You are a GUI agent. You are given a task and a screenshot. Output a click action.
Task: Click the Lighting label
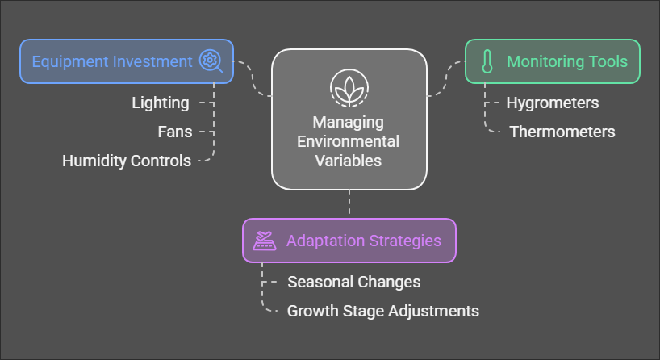click(x=161, y=103)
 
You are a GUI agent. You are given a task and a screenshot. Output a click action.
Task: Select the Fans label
click(x=175, y=132)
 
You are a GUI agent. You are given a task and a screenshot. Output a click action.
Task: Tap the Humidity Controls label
click(x=127, y=161)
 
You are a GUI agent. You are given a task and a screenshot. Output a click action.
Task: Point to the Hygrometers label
click(x=552, y=103)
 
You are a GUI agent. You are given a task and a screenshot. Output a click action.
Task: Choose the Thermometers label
click(x=562, y=132)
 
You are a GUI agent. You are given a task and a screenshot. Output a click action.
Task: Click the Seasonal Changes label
click(x=354, y=282)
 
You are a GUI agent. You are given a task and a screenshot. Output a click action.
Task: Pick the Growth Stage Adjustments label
click(x=383, y=311)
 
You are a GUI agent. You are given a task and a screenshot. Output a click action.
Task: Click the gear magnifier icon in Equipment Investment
click(x=211, y=61)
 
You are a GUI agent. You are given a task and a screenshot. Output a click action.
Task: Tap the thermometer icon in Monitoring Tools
click(x=487, y=61)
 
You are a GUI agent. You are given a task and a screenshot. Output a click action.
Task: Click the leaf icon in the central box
click(x=349, y=86)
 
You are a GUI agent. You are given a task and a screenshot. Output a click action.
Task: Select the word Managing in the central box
click(x=349, y=123)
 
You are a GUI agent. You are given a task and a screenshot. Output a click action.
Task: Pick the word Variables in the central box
click(x=349, y=160)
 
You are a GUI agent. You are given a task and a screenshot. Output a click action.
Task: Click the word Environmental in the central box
click(x=349, y=141)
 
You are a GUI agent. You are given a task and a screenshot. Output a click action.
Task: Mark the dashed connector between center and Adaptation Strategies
click(x=349, y=203)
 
